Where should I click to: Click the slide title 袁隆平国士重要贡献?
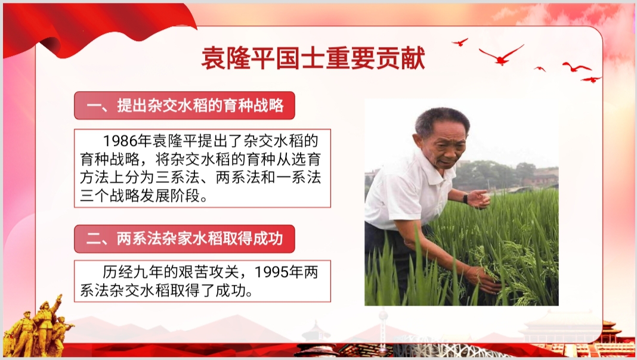tap(313, 58)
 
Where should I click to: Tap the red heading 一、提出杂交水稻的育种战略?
tap(184, 105)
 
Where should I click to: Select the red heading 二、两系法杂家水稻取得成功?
tap(184, 238)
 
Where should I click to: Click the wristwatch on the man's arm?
tap(466, 198)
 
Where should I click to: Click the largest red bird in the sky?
tap(502, 55)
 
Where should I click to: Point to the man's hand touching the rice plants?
tap(486, 280)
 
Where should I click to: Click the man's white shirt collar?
tap(435, 166)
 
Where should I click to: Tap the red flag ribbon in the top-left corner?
tap(97, 29)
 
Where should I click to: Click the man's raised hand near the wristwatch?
tap(480, 199)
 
